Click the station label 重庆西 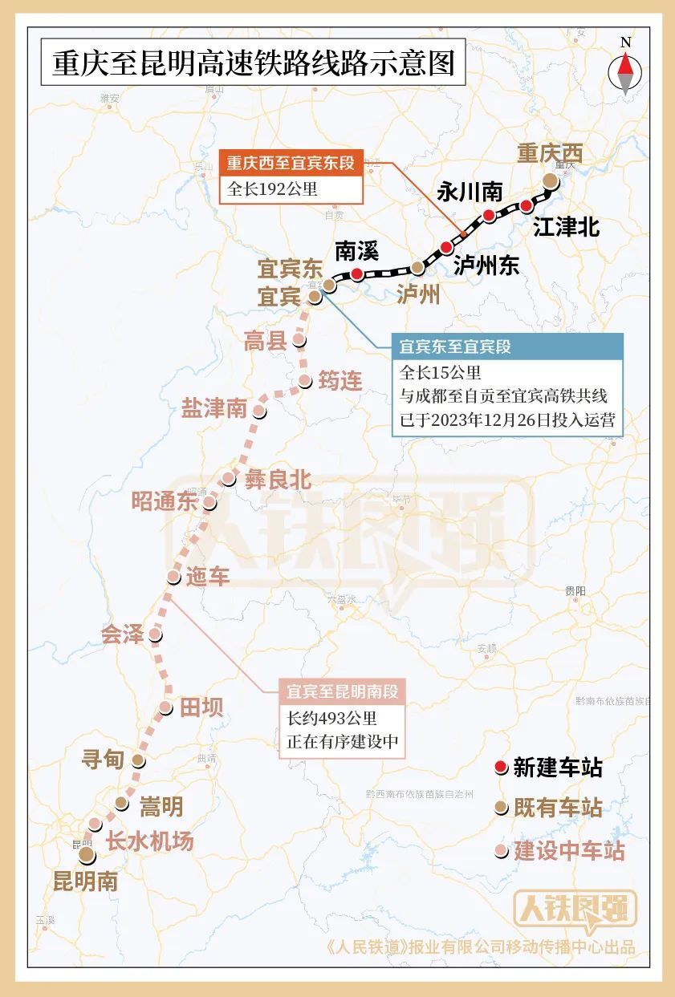tap(550, 152)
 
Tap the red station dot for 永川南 tap(489, 215)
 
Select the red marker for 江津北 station tap(527, 206)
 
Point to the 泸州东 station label tap(486, 265)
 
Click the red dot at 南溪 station tap(356, 274)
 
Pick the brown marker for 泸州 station tap(417, 267)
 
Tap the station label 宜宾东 tap(289, 266)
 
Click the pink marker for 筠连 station tap(304, 381)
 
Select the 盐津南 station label tap(213, 408)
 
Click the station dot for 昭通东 tap(209, 503)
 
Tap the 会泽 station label tap(122, 635)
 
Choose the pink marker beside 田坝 tap(165, 707)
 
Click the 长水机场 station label tap(150, 841)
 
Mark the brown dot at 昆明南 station tap(85, 857)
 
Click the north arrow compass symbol tap(625, 71)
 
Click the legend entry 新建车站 tap(557, 768)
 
